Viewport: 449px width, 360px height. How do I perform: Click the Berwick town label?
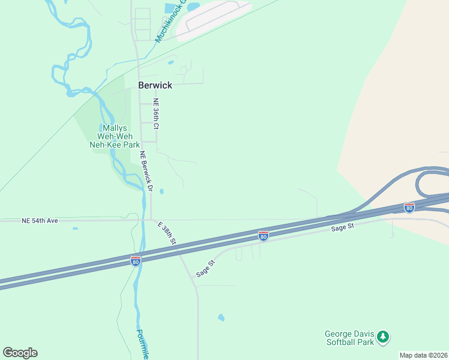click(155, 85)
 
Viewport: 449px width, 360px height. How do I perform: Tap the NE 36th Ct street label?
click(155, 114)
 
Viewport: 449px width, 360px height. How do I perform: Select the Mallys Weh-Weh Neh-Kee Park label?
click(113, 137)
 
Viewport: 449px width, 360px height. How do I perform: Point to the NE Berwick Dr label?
click(147, 171)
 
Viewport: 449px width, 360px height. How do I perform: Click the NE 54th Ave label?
click(40, 221)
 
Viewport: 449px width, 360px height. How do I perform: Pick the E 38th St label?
click(167, 233)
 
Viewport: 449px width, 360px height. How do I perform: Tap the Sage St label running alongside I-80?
click(343, 227)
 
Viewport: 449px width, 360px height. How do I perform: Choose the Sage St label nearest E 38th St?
click(205, 268)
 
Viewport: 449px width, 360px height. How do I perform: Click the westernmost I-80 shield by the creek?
click(136, 261)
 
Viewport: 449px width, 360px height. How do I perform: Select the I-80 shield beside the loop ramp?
click(409, 208)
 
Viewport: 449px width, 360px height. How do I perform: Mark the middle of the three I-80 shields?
click(263, 236)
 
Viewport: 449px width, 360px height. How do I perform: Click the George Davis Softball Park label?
click(349, 338)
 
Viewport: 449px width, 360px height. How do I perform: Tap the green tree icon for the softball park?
click(383, 338)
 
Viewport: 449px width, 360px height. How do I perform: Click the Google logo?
click(20, 353)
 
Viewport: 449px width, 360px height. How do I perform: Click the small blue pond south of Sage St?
click(221, 317)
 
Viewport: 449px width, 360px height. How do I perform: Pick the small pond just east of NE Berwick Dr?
click(161, 192)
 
